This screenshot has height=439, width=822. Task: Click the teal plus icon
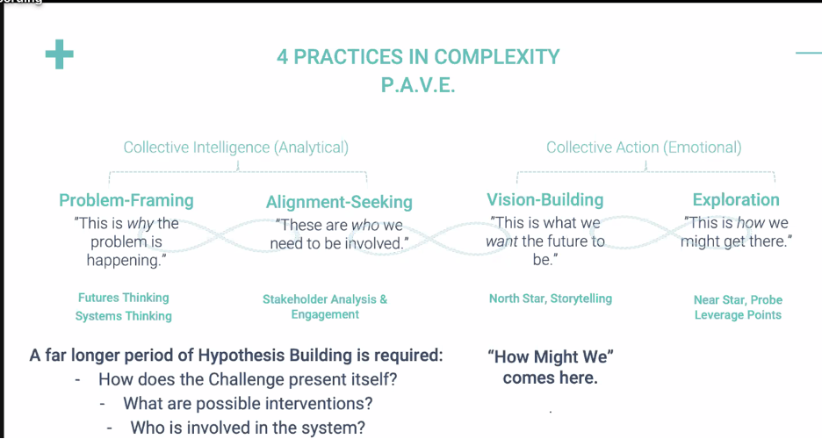coord(60,55)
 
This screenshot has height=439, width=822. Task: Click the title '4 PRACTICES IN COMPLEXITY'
coord(418,57)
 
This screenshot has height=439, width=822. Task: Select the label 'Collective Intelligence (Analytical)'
coord(235,148)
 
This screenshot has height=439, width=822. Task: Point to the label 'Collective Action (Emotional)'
coord(644,148)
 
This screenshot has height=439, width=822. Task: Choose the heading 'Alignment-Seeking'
coord(339,202)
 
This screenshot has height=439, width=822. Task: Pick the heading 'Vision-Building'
coord(545,200)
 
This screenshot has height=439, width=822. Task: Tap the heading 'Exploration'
coord(736,200)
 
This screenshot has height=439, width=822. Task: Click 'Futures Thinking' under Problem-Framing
coord(123,298)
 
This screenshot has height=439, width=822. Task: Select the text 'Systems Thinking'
coord(123,316)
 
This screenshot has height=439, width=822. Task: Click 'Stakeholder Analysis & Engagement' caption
coord(325,306)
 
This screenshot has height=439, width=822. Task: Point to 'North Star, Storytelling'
coord(551,299)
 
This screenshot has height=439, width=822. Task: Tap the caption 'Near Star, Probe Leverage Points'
coord(738,307)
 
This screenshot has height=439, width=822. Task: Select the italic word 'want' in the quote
coord(501,241)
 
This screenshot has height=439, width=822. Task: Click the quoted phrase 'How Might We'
coord(550,356)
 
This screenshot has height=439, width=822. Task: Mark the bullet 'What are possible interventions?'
coord(248,404)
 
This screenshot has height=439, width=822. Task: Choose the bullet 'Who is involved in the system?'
coord(249,428)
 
